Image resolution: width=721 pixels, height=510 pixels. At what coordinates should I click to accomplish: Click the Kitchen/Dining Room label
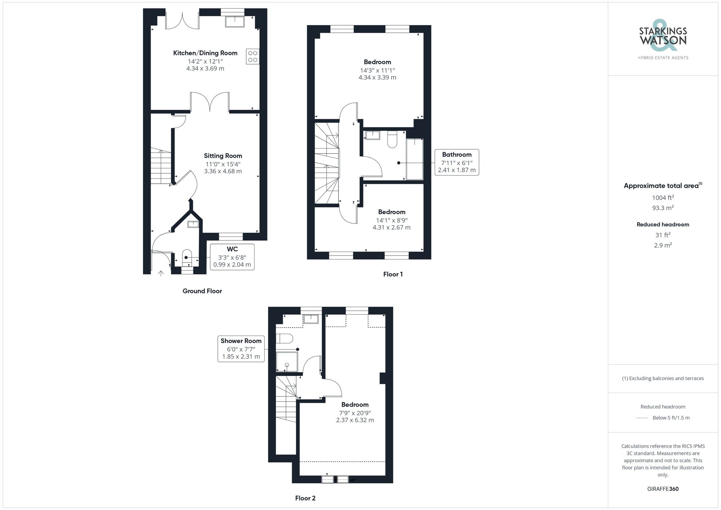coord(205,53)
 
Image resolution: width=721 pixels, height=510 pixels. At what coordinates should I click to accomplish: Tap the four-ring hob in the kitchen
coord(253,57)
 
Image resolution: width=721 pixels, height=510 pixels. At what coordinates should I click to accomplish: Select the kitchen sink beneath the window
coord(235,22)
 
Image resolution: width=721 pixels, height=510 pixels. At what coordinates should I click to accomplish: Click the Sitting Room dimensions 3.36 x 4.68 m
coord(223,171)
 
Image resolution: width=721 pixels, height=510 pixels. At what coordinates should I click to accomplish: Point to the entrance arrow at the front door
coord(161,273)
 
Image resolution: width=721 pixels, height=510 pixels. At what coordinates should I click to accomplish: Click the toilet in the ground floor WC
coord(187,255)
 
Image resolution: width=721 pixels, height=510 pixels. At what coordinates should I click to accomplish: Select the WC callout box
coord(232,257)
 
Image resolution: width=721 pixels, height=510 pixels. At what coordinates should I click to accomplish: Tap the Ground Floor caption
coord(202,291)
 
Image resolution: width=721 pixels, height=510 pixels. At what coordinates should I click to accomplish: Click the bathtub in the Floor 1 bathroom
coord(415,159)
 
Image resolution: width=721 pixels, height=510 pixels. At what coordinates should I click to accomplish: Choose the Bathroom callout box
coord(457,162)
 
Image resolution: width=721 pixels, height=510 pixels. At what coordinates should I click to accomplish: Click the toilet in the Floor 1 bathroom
coord(392,140)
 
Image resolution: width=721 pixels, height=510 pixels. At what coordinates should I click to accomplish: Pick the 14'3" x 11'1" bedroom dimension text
coord(377,71)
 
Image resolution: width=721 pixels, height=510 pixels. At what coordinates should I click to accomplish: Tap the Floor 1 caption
coord(393,274)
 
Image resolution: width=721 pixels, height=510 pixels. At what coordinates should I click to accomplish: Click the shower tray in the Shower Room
coord(287,362)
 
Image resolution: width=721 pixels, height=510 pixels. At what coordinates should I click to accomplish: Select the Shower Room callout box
coord(241,349)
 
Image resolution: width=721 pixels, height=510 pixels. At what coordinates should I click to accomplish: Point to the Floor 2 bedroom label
coord(355,405)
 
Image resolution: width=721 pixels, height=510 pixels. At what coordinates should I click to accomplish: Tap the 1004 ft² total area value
coord(663,198)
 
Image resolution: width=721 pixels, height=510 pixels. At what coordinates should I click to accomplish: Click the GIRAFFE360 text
coord(663,489)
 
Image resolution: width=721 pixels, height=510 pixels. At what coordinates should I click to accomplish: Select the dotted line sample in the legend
coord(642,418)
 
